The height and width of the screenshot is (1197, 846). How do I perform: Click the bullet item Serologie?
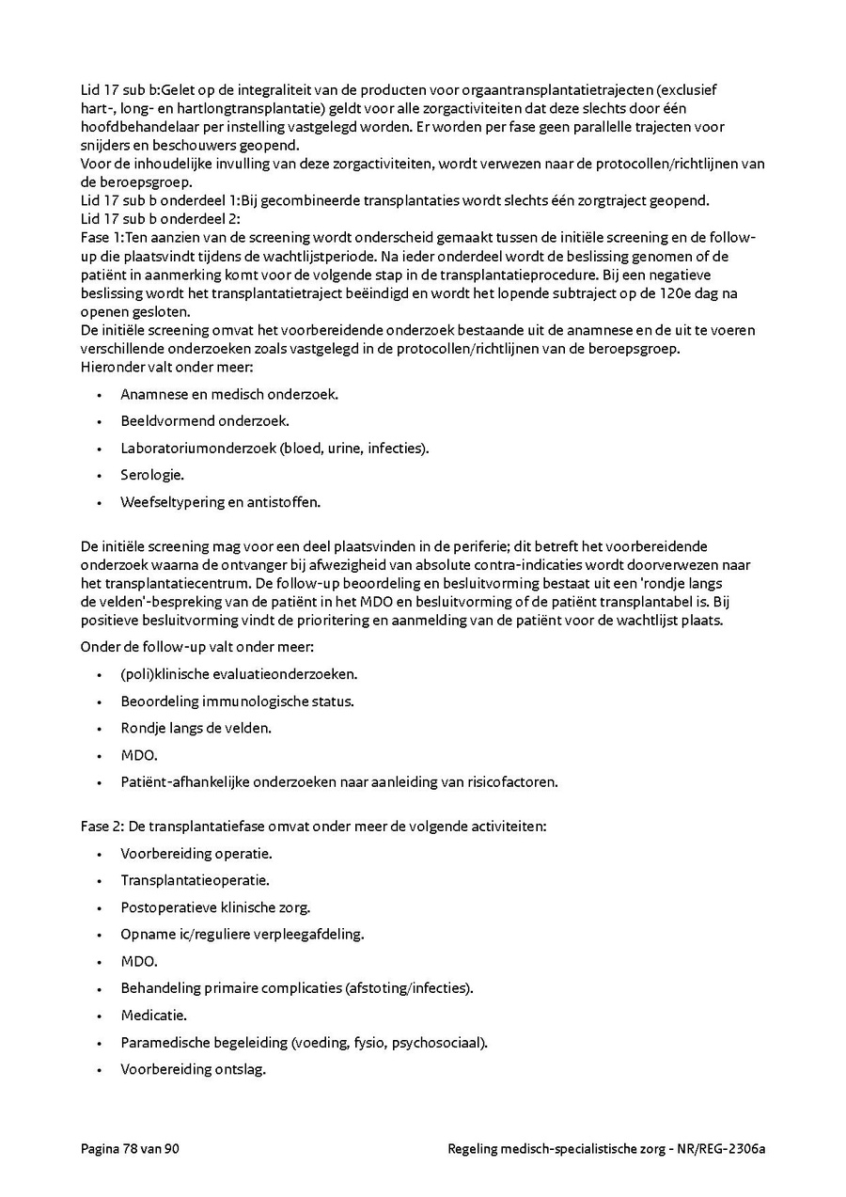[151, 475]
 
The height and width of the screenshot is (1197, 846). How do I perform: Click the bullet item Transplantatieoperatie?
[195, 881]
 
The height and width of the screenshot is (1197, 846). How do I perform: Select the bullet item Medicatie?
[153, 1016]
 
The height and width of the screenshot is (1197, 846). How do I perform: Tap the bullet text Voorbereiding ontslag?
[193, 1070]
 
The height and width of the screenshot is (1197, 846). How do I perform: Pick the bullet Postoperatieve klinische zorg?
[215, 908]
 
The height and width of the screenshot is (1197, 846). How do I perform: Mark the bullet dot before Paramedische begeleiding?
[99, 1044]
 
